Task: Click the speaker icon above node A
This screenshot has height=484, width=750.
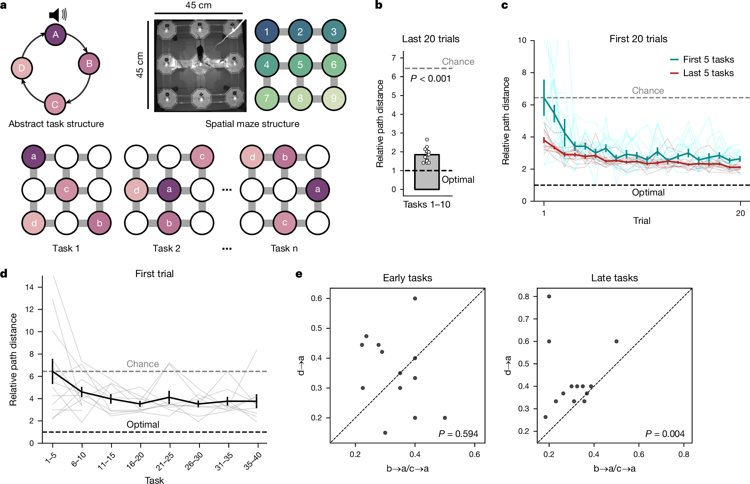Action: click(57, 15)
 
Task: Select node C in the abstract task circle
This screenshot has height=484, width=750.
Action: click(55, 104)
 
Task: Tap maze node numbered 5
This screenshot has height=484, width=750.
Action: click(300, 65)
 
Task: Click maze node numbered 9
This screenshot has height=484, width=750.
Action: click(333, 98)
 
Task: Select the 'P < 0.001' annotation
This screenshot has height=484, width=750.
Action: click(431, 79)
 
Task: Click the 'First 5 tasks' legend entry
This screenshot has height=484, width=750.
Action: click(708, 60)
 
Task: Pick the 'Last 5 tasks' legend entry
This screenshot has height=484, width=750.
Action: click(708, 73)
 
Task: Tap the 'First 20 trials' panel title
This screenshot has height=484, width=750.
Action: click(638, 39)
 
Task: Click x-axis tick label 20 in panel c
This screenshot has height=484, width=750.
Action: click(740, 213)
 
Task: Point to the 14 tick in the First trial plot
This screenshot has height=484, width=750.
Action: click(30, 287)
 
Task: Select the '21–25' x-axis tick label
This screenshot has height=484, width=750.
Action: click(165, 462)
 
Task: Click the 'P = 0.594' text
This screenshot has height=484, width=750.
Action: click(458, 434)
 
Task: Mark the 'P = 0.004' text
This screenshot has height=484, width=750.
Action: click(665, 434)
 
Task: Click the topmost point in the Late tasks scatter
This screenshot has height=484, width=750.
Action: click(549, 296)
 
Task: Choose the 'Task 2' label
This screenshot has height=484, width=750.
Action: click(166, 248)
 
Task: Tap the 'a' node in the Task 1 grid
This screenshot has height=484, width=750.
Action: click(34, 157)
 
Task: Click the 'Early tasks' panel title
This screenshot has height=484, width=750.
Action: click(408, 278)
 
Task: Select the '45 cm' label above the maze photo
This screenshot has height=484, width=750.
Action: click(198, 5)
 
